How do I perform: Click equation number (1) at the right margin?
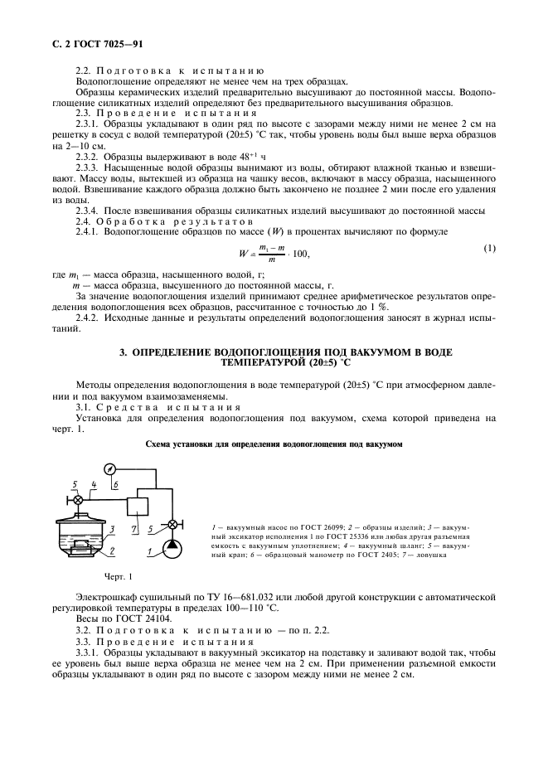pyautogui.click(x=489, y=249)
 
